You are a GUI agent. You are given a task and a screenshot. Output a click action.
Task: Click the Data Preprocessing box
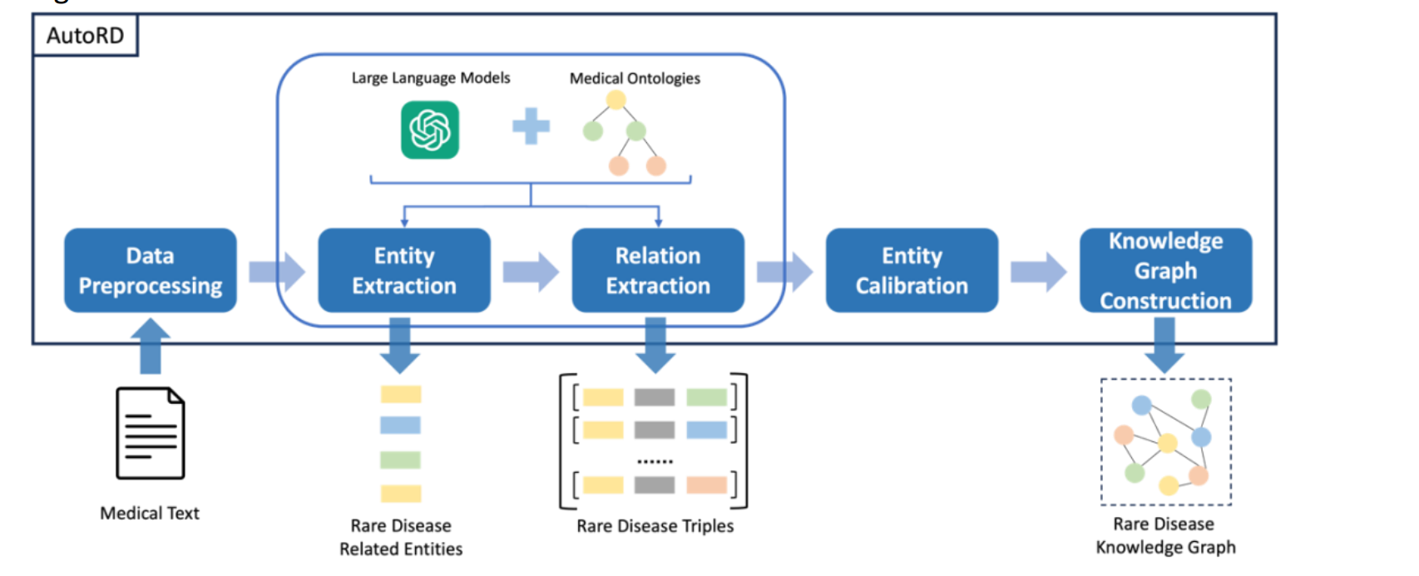click(x=151, y=270)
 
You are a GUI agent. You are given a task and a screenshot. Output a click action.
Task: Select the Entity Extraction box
click(x=404, y=270)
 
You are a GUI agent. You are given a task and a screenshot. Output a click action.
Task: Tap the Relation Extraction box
click(x=658, y=270)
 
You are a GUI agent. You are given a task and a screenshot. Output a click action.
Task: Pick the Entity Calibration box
click(x=912, y=270)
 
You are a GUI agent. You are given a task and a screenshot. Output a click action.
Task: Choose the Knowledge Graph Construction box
click(x=1166, y=270)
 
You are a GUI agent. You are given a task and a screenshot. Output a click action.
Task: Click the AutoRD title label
click(x=86, y=36)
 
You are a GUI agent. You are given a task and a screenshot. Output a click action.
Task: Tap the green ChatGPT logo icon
click(x=430, y=130)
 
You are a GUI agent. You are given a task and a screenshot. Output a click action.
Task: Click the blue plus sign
click(x=531, y=126)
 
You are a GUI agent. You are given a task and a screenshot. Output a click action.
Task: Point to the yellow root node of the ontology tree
click(x=616, y=100)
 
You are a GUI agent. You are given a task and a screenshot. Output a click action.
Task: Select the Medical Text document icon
click(x=151, y=433)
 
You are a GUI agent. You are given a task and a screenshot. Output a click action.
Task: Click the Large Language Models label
click(x=431, y=78)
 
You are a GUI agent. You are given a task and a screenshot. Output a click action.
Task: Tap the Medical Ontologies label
click(x=635, y=78)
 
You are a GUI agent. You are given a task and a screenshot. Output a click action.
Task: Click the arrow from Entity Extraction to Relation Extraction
click(x=531, y=272)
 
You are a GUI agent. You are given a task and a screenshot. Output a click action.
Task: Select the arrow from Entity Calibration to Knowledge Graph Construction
click(x=1039, y=272)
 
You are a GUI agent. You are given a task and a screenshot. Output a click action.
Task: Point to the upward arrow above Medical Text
click(x=151, y=346)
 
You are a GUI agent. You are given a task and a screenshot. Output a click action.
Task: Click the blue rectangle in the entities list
click(x=400, y=425)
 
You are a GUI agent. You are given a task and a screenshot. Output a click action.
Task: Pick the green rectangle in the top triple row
click(x=706, y=396)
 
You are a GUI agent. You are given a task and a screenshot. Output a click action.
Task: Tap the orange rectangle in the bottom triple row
click(x=706, y=485)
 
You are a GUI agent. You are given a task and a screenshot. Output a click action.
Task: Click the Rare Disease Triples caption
click(x=655, y=526)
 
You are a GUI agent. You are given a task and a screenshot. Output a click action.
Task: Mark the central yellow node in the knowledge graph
click(x=1168, y=442)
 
